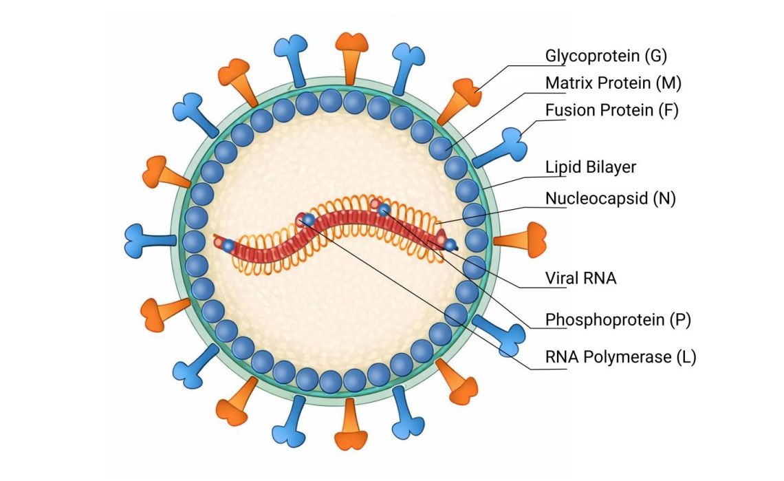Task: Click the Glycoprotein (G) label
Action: click(x=606, y=56)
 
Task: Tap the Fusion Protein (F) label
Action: click(x=611, y=110)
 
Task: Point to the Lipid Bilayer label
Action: click(x=591, y=167)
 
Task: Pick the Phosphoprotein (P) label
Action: click(x=618, y=319)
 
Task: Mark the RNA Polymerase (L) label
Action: click(x=620, y=357)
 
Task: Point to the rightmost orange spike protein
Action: click(x=523, y=240)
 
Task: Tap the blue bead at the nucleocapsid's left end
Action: click(x=228, y=245)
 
